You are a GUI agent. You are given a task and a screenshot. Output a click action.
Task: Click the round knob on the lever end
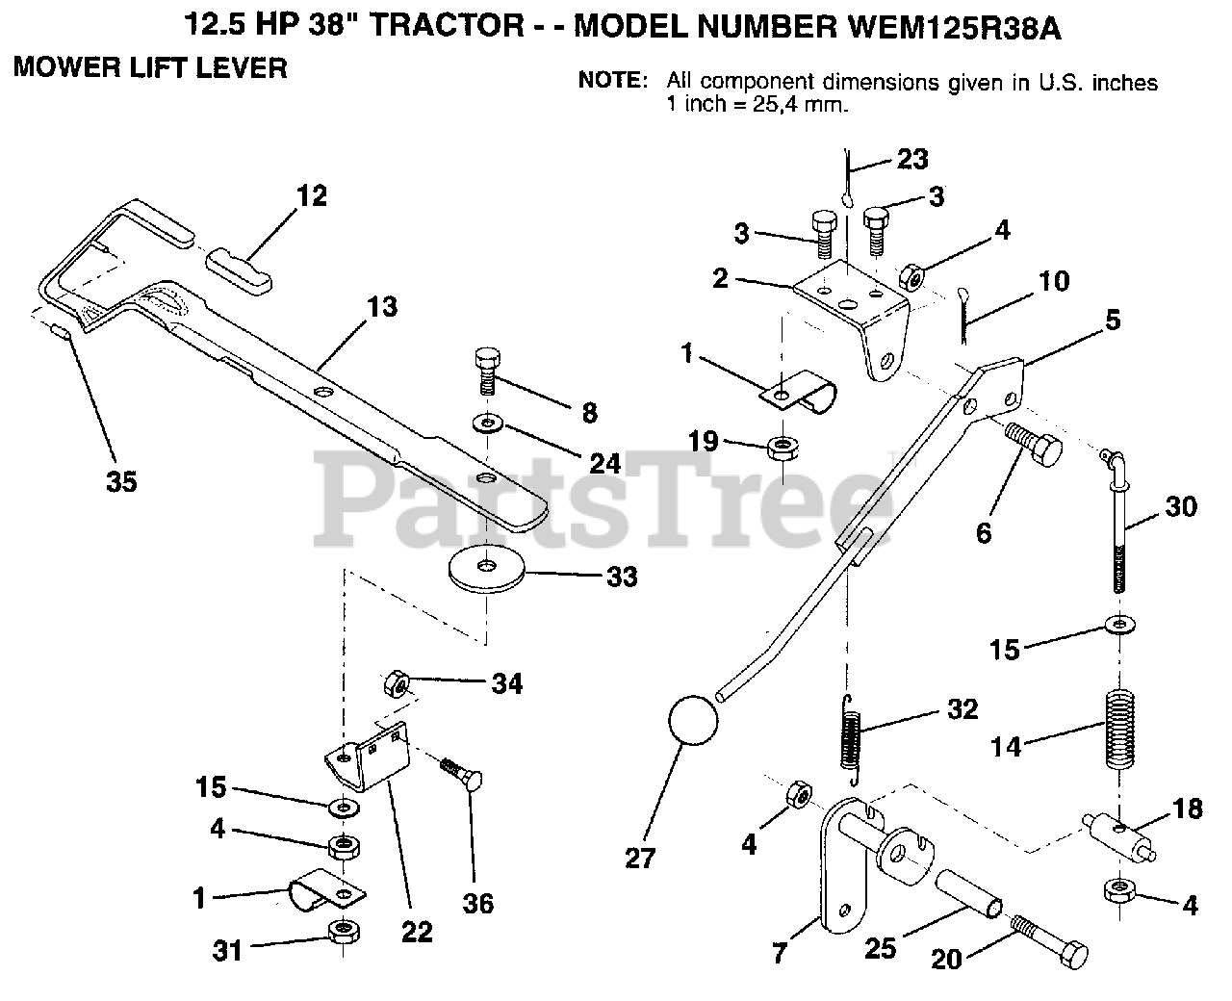(x=693, y=720)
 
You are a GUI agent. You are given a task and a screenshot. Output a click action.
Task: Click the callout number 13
(x=381, y=308)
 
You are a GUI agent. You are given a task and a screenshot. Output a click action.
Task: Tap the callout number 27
(x=639, y=857)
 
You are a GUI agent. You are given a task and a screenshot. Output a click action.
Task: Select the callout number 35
(x=121, y=480)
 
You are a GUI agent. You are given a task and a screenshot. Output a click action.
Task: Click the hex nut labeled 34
(x=397, y=684)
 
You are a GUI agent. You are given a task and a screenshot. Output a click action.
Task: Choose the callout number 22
(x=418, y=932)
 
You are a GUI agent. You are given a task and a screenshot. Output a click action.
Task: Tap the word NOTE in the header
(x=612, y=82)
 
